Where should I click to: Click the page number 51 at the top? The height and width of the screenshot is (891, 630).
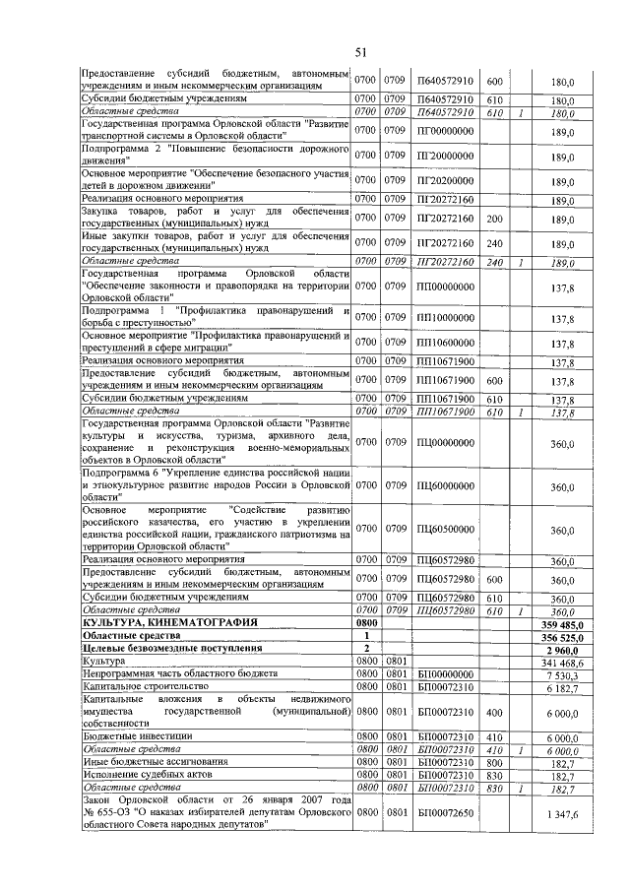(361, 52)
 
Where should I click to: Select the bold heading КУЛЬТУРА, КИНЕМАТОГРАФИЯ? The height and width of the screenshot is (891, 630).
(171, 623)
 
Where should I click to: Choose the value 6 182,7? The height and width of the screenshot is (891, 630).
(568, 686)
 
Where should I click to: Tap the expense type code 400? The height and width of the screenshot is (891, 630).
(495, 710)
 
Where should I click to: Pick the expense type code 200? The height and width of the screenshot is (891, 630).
(495, 218)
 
